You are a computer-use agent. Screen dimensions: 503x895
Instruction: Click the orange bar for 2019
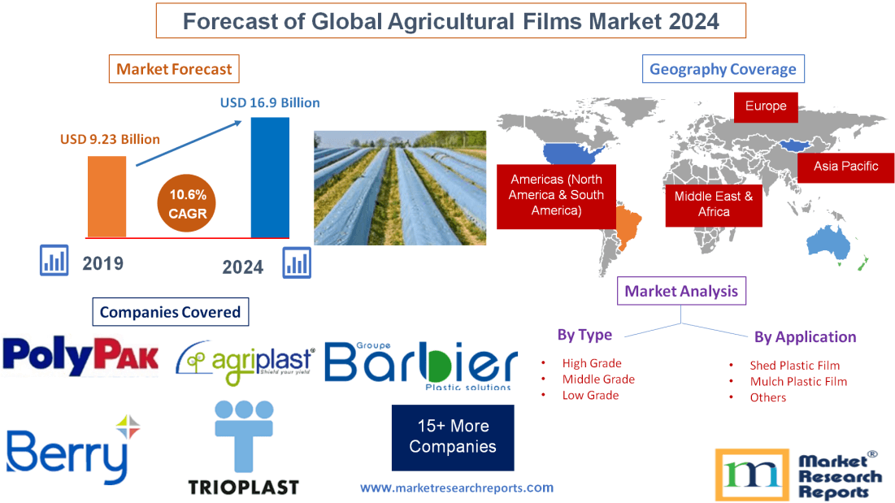[107, 196]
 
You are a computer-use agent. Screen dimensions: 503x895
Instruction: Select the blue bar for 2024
[270, 177]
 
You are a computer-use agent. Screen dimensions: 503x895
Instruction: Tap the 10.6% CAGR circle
[188, 204]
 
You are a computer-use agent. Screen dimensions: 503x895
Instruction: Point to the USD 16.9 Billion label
[270, 103]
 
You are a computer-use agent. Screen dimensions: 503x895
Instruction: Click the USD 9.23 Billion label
[110, 139]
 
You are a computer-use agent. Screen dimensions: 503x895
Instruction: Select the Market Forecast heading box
[174, 69]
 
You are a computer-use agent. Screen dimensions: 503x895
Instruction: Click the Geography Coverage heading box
[723, 69]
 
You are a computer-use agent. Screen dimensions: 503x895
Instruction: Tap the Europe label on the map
[766, 106]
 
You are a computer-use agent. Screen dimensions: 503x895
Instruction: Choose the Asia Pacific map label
[845, 167]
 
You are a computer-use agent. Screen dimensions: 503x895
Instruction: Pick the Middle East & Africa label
[714, 204]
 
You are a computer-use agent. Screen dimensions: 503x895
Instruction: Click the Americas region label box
[556, 194]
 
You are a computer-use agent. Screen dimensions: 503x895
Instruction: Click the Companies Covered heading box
[170, 312]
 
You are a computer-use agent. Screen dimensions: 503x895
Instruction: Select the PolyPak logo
[80, 355]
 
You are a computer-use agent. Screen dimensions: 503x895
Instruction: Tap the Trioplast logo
[244, 449]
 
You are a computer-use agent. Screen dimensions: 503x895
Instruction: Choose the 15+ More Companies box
[453, 436]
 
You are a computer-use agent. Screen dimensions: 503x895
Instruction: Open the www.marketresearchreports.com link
[457, 488]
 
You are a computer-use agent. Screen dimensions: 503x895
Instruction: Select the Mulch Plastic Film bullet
[798, 381]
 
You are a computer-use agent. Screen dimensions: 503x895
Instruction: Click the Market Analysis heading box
[681, 291]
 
